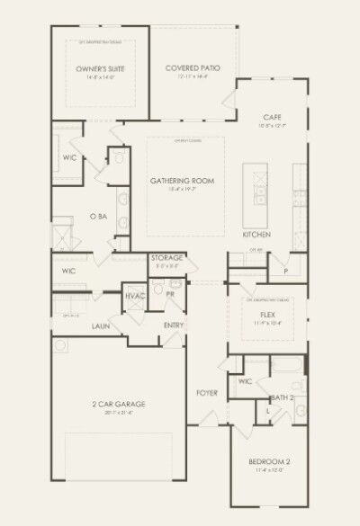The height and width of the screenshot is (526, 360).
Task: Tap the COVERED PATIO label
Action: tap(193, 68)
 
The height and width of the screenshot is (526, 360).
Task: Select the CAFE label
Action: tap(274, 118)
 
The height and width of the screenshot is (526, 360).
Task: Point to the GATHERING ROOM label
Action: tap(183, 181)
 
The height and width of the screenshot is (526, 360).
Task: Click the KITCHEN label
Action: tap(256, 235)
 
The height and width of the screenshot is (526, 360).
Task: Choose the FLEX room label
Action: tap(266, 314)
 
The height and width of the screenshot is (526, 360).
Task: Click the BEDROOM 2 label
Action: tap(267, 463)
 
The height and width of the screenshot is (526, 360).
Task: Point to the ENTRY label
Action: tap(174, 325)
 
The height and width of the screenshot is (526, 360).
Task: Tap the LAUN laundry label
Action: tap(100, 325)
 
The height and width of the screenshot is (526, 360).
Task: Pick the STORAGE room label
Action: tap(167, 257)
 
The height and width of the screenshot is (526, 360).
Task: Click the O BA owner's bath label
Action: tap(99, 217)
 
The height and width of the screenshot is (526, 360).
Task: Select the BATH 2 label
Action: tap(283, 397)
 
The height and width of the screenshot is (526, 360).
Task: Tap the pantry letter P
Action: tap(285, 270)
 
